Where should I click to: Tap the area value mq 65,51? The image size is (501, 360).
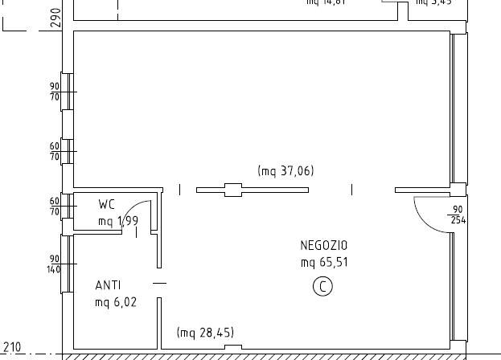[x=324, y=262]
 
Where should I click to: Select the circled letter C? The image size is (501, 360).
[x=322, y=286]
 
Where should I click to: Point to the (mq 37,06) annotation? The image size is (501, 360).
[x=285, y=170]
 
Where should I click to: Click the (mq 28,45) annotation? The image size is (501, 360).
[x=205, y=333]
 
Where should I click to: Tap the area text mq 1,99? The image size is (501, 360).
[x=117, y=222]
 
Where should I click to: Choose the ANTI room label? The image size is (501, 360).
[x=109, y=285]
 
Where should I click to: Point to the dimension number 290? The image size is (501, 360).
[x=55, y=18]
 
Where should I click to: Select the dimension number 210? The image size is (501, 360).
[x=12, y=347]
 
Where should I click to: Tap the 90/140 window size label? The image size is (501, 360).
[x=55, y=264]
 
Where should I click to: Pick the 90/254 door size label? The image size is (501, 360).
[x=458, y=215]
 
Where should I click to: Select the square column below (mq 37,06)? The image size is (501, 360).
[x=232, y=190]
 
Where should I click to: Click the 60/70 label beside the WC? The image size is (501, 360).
[x=55, y=207]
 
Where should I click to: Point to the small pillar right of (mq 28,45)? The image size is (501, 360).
[x=232, y=347]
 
